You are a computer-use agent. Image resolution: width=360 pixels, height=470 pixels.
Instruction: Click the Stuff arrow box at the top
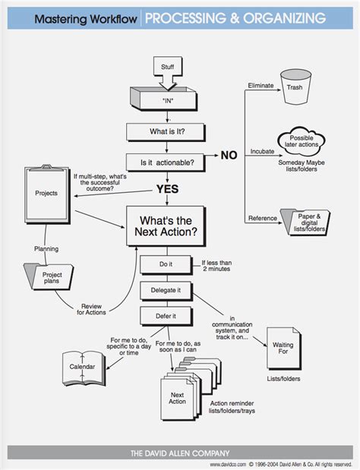click(169, 69)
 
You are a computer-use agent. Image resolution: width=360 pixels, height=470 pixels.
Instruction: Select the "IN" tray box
click(168, 99)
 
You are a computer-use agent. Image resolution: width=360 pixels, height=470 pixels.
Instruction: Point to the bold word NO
click(229, 156)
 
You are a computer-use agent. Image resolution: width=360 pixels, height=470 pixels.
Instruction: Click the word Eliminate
click(262, 86)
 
